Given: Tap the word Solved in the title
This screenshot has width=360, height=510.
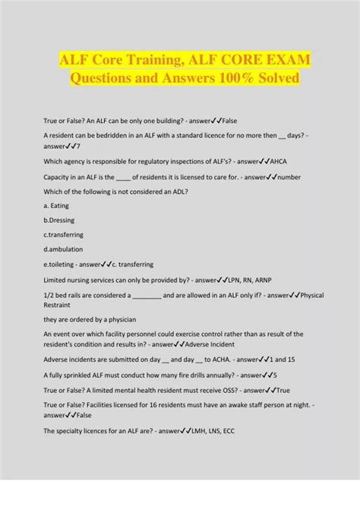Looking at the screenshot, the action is coord(272,79).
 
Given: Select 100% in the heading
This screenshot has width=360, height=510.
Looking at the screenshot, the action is coord(216,79).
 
